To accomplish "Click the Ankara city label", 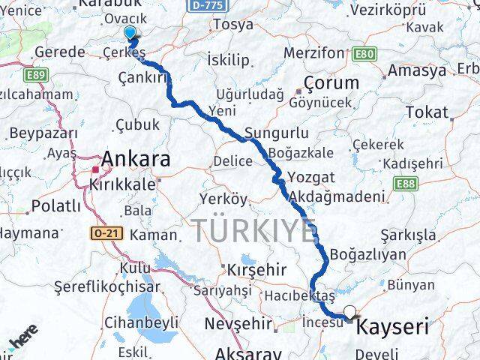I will (135, 159).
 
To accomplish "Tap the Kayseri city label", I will (392, 327).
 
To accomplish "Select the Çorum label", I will (331, 82).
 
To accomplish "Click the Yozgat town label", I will (309, 179).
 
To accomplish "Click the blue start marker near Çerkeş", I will (130, 33).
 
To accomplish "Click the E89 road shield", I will (34, 76).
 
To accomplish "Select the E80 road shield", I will (364, 54).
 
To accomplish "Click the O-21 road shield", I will (105, 233).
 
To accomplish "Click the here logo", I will (22, 341).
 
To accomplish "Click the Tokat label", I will (427, 112).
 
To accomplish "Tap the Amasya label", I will (418, 70).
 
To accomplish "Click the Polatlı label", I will (55, 206).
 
